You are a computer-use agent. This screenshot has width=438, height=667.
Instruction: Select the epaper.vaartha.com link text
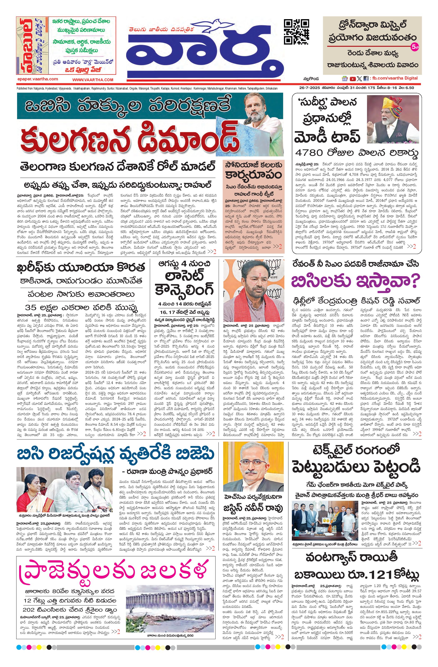pos(37,79)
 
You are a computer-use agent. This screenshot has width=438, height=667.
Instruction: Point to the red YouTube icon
pos(352,79)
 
